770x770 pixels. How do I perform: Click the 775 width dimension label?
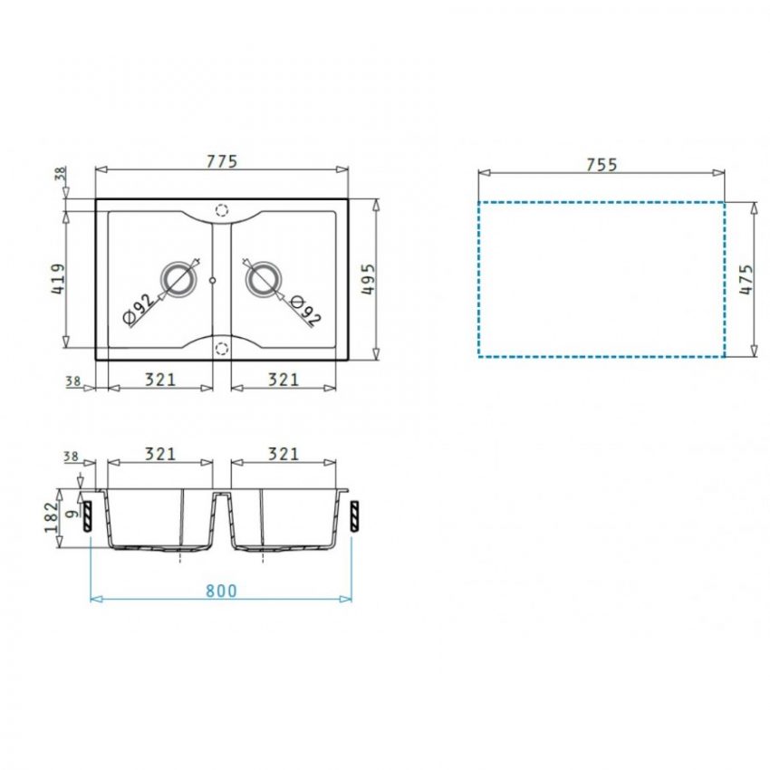point(221,162)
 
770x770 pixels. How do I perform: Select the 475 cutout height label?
point(745,279)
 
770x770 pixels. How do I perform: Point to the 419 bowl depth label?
point(54,279)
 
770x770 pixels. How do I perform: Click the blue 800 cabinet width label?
point(220,591)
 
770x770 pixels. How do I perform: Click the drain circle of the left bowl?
point(178,280)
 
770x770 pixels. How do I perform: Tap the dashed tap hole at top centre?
point(222,208)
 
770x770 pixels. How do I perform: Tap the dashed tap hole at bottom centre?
point(222,347)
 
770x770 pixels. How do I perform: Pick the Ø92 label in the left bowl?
point(136,309)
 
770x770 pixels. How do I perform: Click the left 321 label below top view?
point(160,380)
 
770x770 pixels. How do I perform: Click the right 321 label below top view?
point(283,380)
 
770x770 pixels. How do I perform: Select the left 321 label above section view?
point(160,454)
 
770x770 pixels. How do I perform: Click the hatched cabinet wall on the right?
point(354,515)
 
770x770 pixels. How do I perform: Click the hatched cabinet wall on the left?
point(87,515)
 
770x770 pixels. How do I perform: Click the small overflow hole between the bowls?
point(212,281)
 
